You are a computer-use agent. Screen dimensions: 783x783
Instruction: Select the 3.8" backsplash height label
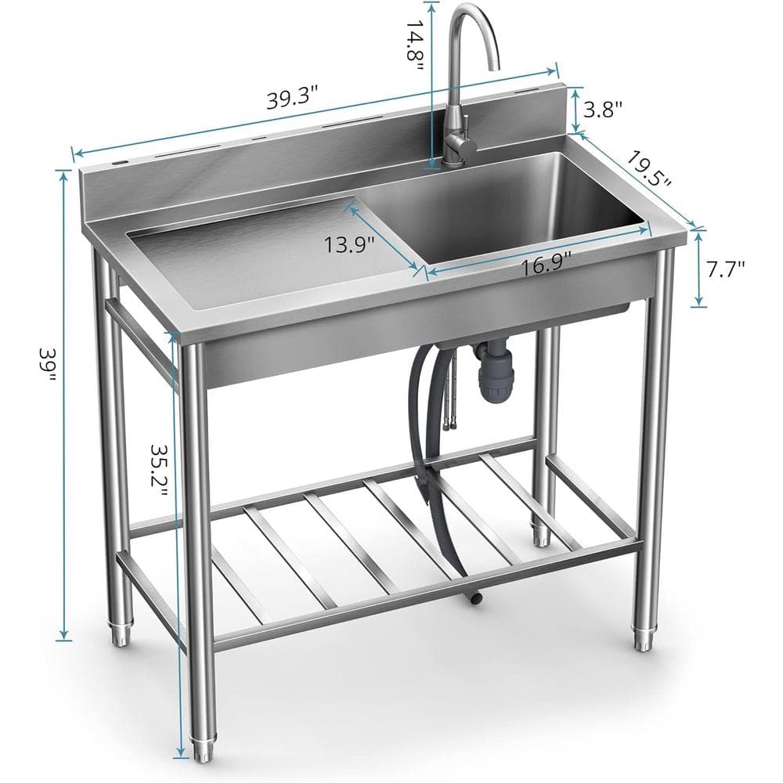pos(603,109)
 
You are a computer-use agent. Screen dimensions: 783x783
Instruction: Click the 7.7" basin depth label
pos(724,269)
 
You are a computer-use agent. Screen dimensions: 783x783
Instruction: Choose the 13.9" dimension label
pos(349,244)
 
